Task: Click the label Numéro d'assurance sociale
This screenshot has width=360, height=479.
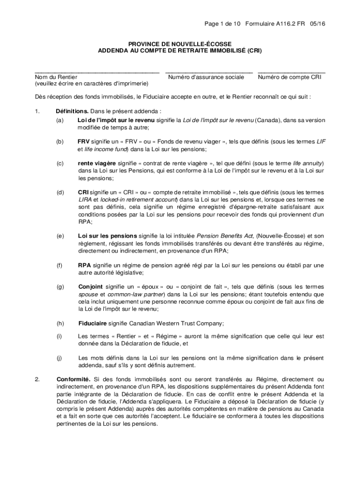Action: coord(206,77)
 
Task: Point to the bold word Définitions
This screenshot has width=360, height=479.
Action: coord(72,111)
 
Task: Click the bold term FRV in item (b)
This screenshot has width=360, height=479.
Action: coord(83,142)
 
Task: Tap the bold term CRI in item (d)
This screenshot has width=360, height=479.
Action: coord(83,192)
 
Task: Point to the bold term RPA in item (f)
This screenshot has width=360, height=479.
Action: coord(84,265)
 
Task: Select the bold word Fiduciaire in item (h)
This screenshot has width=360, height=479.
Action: coord(93,323)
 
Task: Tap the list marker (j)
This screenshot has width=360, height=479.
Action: coord(59,358)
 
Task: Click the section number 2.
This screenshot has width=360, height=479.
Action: coord(37,379)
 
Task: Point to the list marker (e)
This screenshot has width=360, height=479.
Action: coord(60,236)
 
